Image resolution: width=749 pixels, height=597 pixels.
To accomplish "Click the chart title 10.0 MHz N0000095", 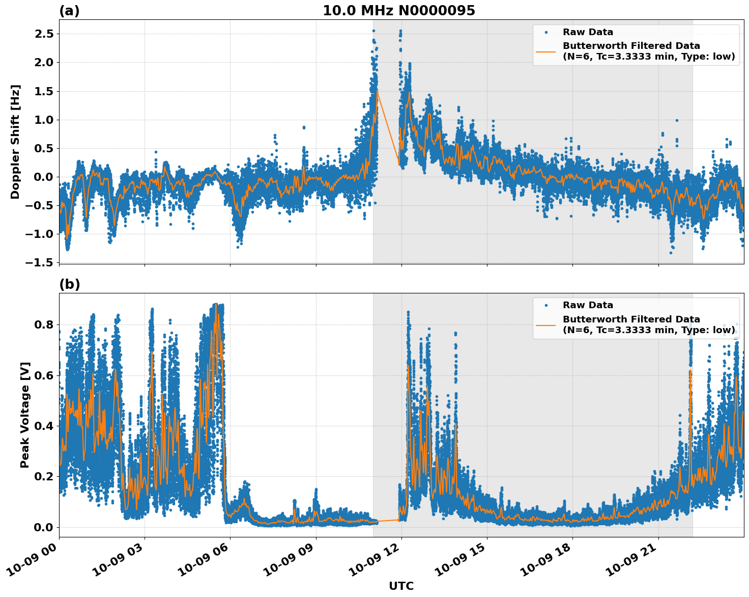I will tap(398, 11).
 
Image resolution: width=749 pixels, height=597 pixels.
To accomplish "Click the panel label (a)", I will tap(69, 11).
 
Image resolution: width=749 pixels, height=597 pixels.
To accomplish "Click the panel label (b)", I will tap(69, 284).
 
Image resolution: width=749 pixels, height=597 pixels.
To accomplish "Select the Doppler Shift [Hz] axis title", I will tap(15, 142).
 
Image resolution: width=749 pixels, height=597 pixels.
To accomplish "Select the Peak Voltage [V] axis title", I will tap(24, 415).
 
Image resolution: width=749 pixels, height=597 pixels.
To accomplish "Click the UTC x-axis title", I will tap(401, 586).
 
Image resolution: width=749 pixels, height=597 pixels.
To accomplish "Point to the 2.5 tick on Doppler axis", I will tap(43, 34).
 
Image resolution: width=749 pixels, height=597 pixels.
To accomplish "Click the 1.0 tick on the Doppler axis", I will tap(43, 120).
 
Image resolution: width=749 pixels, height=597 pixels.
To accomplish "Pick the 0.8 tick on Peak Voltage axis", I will tap(43, 324).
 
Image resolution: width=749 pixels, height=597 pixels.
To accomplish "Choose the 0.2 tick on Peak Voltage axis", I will tap(43, 476).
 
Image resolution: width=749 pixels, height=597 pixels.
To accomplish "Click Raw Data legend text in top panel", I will tap(588, 32).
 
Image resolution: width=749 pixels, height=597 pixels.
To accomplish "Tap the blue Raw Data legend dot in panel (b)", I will tap(546, 305).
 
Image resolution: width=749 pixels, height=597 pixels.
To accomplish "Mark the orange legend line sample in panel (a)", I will tap(546, 51).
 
